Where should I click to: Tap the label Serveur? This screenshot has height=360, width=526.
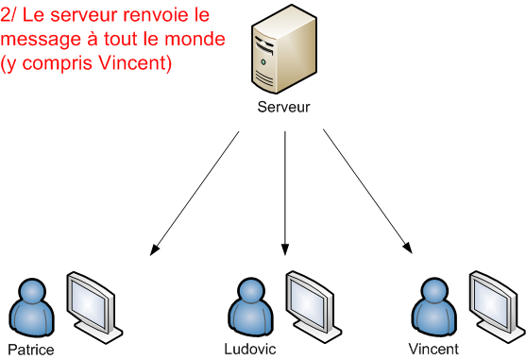click(283, 108)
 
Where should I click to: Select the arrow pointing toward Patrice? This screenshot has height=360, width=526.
click(195, 193)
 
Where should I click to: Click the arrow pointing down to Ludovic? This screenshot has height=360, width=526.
click(284, 193)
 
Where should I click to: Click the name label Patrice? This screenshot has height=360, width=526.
click(30, 350)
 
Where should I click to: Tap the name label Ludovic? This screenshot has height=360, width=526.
click(250, 349)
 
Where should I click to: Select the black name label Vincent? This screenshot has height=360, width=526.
click(433, 349)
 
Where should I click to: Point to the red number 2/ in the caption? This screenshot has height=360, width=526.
click(11, 18)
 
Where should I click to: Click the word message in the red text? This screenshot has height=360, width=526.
click(37, 42)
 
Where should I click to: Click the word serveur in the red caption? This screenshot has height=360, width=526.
click(98, 18)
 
